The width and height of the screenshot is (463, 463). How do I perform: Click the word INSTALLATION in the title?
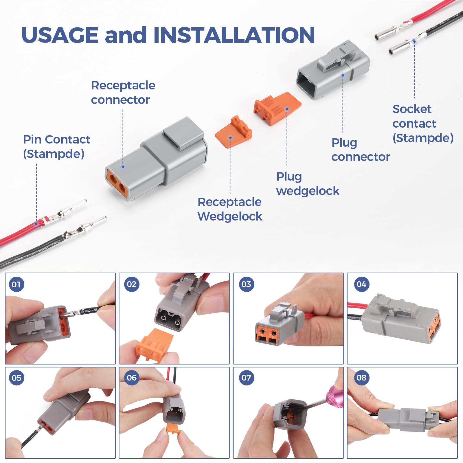click(234, 35)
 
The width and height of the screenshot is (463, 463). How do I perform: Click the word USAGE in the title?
click(60, 35)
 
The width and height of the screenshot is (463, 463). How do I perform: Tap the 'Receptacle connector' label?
click(123, 93)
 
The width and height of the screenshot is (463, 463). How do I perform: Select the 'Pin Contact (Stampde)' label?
click(56, 147)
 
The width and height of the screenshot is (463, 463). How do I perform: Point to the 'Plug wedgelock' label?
click(307, 184)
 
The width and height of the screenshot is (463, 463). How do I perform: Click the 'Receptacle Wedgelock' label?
click(230, 209)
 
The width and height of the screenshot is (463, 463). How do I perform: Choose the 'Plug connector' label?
click(360, 150)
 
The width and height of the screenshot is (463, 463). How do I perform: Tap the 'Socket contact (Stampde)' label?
click(422, 124)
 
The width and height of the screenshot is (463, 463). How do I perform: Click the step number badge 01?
click(16, 284)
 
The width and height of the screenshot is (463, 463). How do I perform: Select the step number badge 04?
click(361, 284)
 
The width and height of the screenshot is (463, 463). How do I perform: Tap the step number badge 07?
click(246, 378)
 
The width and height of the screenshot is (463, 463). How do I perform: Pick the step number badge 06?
click(132, 378)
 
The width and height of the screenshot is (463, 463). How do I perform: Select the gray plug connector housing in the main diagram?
click(333, 71)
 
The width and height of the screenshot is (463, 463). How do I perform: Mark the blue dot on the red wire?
click(36, 223)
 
